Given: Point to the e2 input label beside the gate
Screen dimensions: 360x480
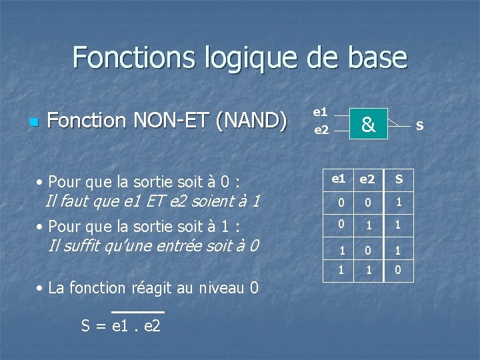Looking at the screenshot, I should click(x=321, y=130).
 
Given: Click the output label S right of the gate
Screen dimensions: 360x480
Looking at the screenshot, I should click(x=419, y=125).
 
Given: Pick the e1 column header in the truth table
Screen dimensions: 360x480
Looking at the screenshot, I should click(x=339, y=179).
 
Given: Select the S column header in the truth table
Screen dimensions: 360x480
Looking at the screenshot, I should click(x=399, y=179).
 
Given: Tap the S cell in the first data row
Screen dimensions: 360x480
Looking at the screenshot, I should click(x=399, y=202).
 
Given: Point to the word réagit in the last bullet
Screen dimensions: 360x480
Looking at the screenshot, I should click(x=154, y=288).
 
